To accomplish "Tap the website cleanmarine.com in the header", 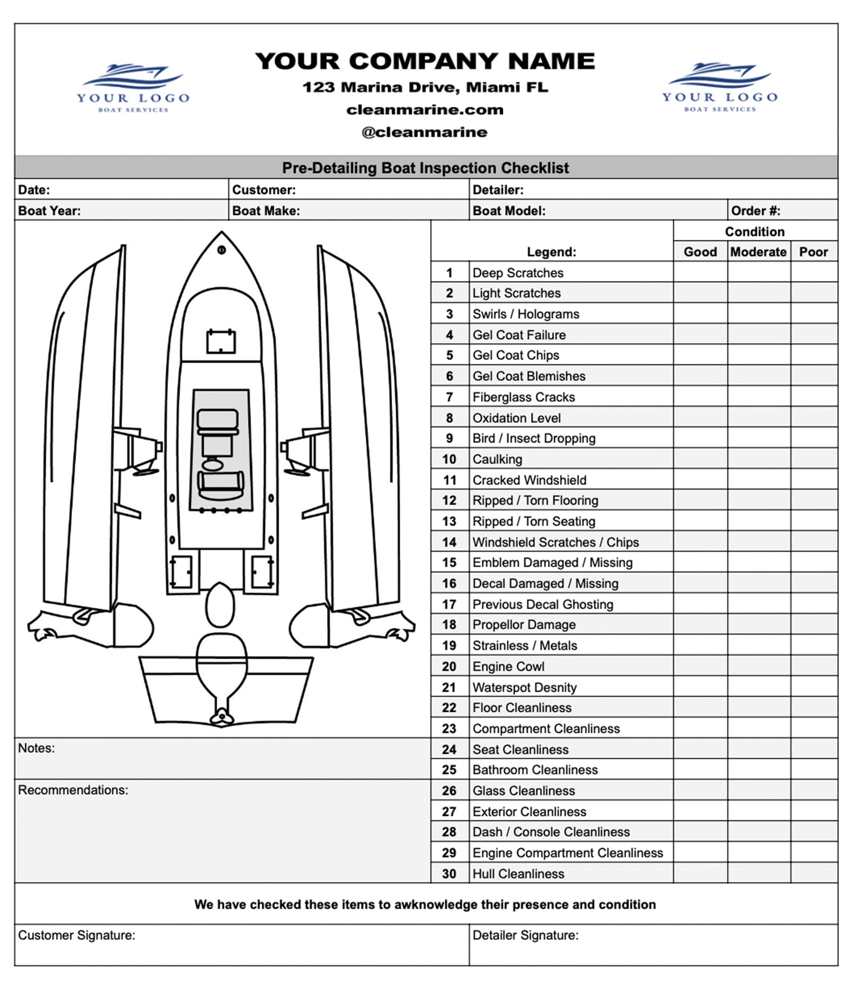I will [425, 110].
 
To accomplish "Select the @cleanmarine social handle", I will [425, 132].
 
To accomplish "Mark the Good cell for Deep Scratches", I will [700, 273].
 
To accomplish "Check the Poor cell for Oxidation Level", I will [814, 418].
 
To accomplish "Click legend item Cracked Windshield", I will [529, 480].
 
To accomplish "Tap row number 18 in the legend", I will [449, 624].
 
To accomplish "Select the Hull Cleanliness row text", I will [518, 874].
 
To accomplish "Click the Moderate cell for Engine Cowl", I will [759, 667].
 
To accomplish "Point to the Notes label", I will [36, 748].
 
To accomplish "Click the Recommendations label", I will [73, 790].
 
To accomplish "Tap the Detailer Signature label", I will [525, 935].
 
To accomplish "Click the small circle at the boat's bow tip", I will [221, 250].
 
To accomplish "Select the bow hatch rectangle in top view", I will [221, 341].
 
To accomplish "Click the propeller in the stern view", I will [221, 716].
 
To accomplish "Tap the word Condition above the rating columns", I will [754, 232].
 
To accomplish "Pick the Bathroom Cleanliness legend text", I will [535, 770].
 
